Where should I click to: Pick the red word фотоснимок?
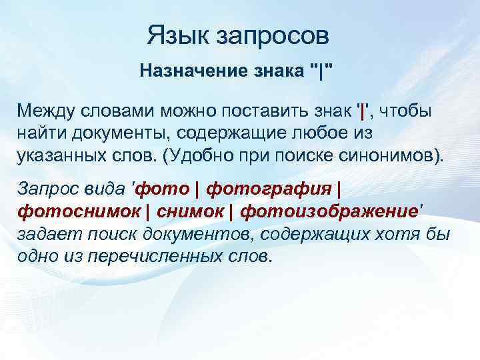click(77, 212)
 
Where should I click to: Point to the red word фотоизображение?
click(329, 212)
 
